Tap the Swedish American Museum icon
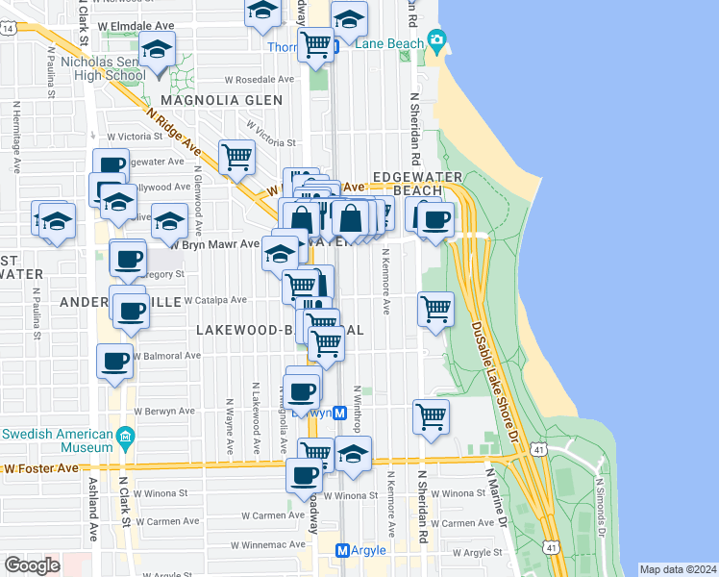[x=124, y=439]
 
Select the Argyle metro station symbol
[x=342, y=550]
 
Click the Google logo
[x=32, y=565]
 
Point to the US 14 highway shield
[x=9, y=30]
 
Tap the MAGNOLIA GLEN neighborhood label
[x=222, y=100]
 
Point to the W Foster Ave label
[x=40, y=468]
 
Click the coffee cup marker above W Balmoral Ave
[x=114, y=361]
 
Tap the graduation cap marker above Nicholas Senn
[x=157, y=48]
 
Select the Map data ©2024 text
[x=678, y=569]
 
